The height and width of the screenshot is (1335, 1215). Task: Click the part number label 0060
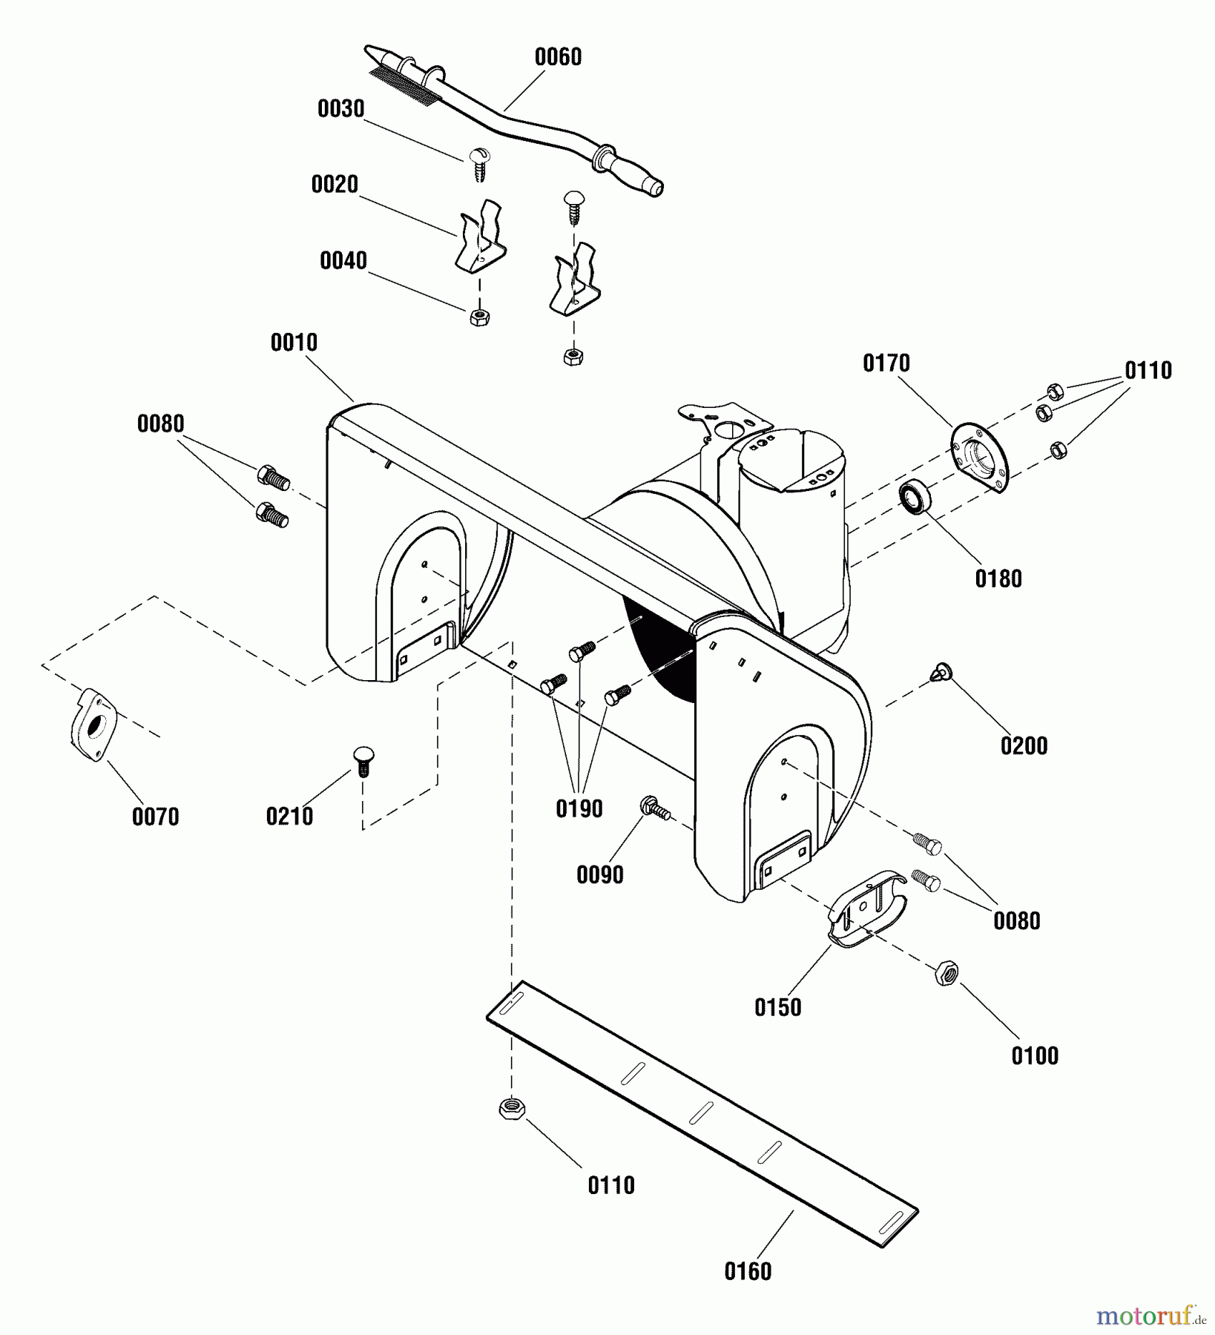click(558, 57)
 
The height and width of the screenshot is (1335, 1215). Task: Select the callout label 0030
click(341, 109)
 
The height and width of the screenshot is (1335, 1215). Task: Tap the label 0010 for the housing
click(294, 343)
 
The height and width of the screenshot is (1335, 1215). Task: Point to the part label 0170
click(886, 363)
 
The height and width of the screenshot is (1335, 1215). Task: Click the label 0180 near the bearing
click(998, 578)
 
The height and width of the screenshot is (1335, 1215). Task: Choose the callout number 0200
click(1024, 745)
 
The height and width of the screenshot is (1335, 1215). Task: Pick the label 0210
click(289, 817)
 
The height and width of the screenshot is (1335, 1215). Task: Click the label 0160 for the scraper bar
click(748, 1271)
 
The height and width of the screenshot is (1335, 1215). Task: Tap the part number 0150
click(778, 1007)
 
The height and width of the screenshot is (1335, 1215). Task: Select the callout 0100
click(1035, 1055)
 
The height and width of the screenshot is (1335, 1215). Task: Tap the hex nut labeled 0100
click(946, 972)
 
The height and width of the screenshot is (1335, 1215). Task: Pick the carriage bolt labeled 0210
click(363, 761)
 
